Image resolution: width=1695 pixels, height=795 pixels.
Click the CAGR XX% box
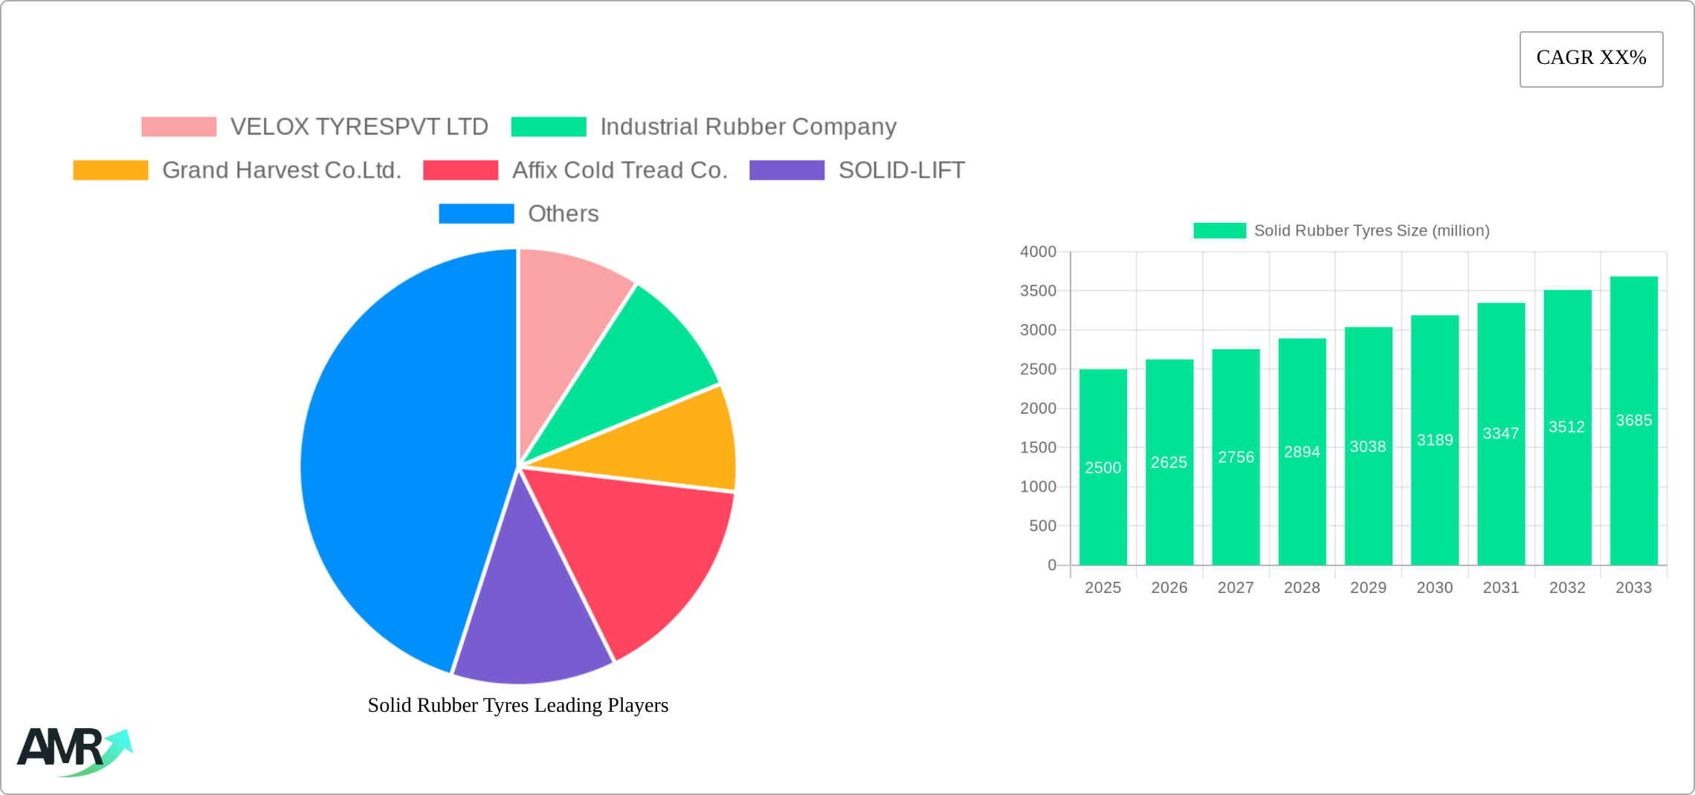[x=1591, y=59]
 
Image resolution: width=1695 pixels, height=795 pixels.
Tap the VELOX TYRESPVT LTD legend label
[x=359, y=127]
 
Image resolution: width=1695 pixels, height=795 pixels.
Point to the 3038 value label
[x=1368, y=447]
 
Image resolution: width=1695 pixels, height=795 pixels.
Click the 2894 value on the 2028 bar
[x=1302, y=452]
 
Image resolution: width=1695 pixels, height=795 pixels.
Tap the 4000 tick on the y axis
[x=1038, y=252]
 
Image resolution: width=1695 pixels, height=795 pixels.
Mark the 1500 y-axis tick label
[x=1038, y=447]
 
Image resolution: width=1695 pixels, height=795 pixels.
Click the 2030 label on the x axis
[x=1434, y=588]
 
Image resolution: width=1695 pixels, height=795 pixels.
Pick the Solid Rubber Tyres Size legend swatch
[x=1219, y=231]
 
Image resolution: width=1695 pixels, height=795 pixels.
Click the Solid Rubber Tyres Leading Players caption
[x=518, y=705]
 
